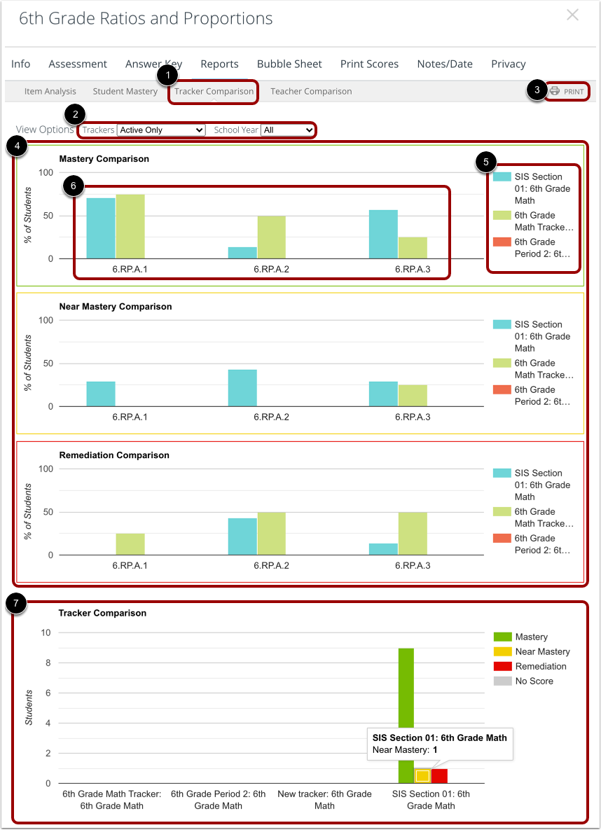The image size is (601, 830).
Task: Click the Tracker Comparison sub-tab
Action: click(214, 92)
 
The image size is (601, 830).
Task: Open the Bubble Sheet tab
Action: click(289, 64)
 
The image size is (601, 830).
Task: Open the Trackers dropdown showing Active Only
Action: click(161, 130)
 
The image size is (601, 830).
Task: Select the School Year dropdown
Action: click(288, 130)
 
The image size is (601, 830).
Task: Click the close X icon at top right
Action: click(572, 15)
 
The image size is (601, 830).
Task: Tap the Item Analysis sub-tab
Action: click(50, 92)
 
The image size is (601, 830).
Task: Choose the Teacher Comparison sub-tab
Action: click(311, 92)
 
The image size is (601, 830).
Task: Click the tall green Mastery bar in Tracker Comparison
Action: click(406, 714)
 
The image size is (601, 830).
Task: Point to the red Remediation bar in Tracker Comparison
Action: click(439, 775)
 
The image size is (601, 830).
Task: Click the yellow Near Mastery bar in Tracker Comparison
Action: click(422, 775)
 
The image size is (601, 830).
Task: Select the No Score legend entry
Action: click(534, 681)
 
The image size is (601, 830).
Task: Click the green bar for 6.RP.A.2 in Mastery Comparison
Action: click(271, 237)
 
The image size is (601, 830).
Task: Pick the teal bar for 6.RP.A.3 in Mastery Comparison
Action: click(383, 234)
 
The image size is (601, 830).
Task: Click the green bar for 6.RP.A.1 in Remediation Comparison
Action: click(130, 544)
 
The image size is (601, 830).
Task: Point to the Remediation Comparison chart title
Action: click(114, 455)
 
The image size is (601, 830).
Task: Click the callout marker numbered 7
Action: click(15, 603)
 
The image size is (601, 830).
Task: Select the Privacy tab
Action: click(508, 64)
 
